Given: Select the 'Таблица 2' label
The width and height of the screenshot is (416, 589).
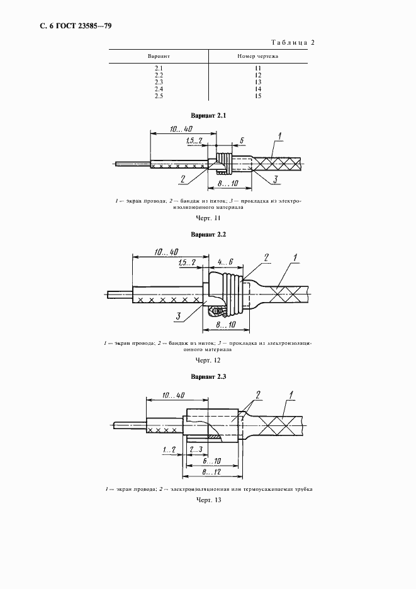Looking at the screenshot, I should point(293,43).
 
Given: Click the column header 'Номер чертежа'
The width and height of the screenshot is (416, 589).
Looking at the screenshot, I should point(258,56).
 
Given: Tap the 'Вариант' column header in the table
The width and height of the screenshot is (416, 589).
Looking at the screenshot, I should point(159,56).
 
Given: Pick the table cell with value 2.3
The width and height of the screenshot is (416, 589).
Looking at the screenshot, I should point(159,82).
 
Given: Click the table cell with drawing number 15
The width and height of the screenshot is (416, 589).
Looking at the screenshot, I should point(258,96).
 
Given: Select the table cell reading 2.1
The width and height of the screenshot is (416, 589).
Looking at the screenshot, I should point(159,69).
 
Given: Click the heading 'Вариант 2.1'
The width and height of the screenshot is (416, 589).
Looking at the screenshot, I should point(208,116).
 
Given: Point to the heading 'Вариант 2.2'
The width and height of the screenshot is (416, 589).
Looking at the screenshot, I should point(208,234).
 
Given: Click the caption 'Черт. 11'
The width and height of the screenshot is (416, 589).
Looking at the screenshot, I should point(208,218).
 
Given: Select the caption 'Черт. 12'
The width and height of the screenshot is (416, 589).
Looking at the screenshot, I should point(208,360).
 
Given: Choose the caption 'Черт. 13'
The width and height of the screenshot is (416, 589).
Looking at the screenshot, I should point(208,501).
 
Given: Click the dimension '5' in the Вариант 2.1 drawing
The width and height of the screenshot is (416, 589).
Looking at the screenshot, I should point(242,140).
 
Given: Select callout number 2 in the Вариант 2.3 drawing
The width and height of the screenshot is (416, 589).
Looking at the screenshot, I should point(257,400).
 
